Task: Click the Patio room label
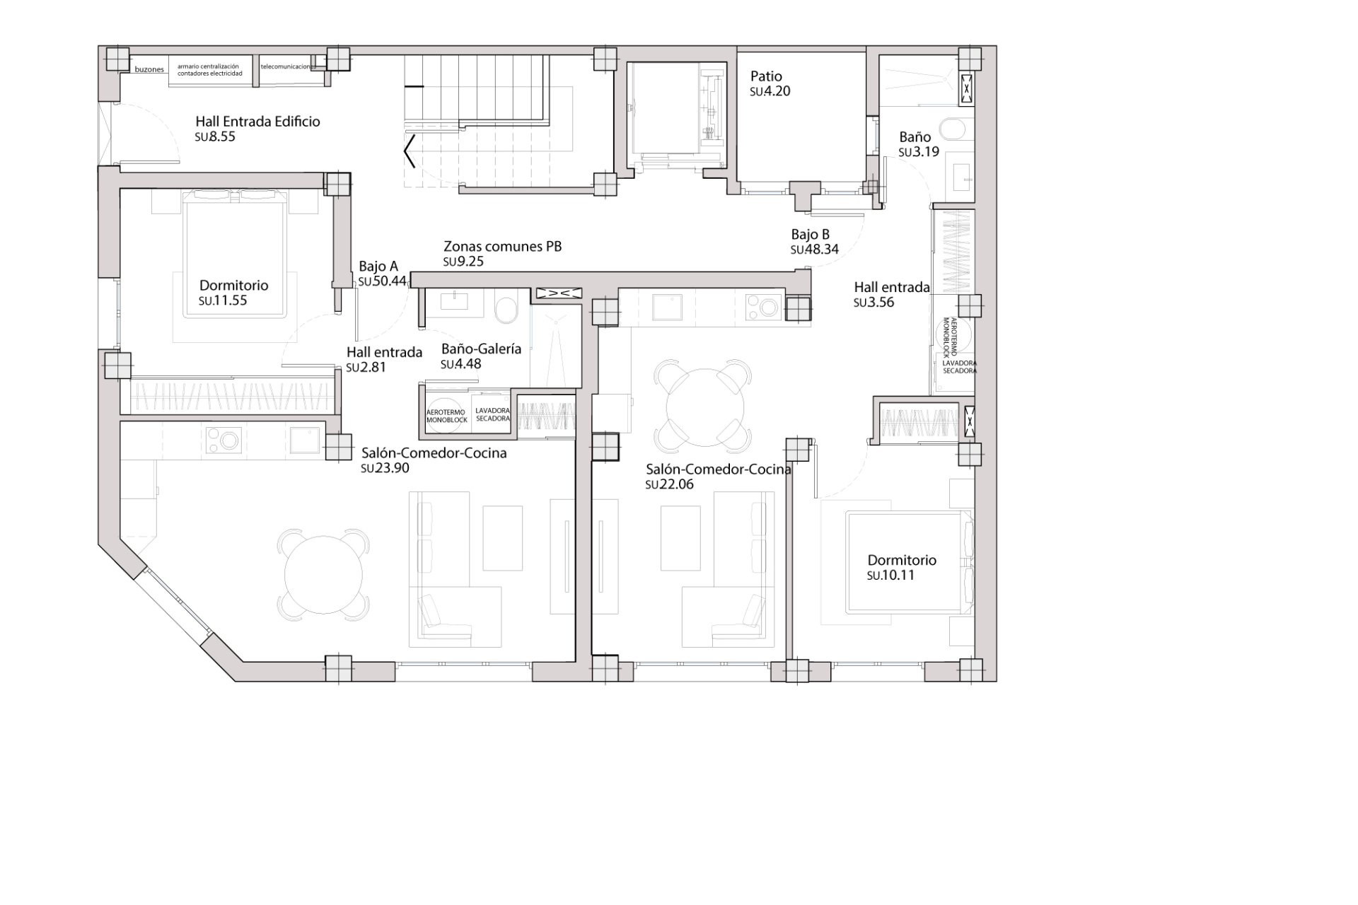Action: [x=766, y=76]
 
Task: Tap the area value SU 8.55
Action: [x=216, y=136]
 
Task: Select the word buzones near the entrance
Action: [x=149, y=70]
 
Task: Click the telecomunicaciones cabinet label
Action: [x=286, y=66]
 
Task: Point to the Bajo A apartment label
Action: [x=378, y=267]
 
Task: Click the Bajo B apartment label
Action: [x=811, y=235]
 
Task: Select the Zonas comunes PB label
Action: [x=502, y=247]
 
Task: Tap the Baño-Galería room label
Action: [x=481, y=349]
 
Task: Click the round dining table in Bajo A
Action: [x=323, y=574]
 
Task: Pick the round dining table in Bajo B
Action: [x=705, y=406]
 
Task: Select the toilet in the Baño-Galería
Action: [x=506, y=310]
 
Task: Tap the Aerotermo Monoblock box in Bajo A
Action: [x=446, y=416]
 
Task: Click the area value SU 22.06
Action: [x=669, y=484]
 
